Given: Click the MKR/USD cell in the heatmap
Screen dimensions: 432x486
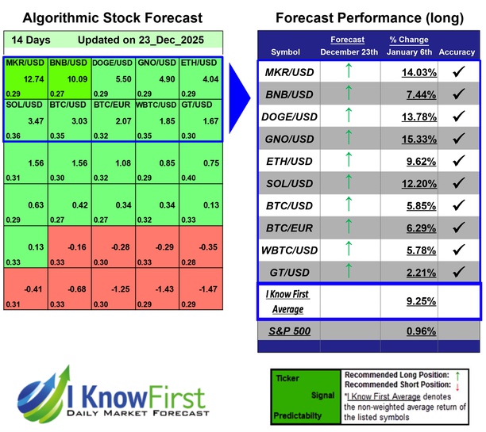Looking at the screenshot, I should pyautogui.click(x=25, y=79).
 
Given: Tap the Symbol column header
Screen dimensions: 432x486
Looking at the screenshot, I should pyautogui.click(x=286, y=52).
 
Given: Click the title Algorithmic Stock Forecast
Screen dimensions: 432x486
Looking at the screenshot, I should pyautogui.click(x=112, y=18).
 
